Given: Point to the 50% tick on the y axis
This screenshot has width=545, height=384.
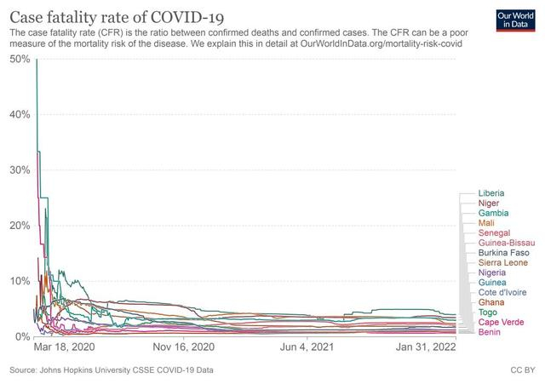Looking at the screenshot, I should (x=20, y=59).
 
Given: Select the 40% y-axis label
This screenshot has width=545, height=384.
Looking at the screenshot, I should (x=20, y=114).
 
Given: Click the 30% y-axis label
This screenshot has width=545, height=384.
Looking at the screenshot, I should (x=20, y=170).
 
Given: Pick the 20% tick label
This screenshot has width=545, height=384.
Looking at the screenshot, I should (x=20, y=226).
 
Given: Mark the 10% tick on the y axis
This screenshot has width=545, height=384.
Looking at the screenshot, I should (x=20, y=281).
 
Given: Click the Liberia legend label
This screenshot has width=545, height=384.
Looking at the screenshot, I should (x=493, y=193).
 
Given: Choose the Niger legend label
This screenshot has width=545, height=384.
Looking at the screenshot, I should (x=490, y=203).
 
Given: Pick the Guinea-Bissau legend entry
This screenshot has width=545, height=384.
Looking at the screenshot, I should (x=506, y=243).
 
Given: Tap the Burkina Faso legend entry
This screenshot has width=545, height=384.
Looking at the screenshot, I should (x=503, y=253).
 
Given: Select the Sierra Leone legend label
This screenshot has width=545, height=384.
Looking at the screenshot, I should (x=503, y=263).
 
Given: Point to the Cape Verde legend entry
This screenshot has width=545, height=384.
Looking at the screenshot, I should (x=502, y=322).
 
